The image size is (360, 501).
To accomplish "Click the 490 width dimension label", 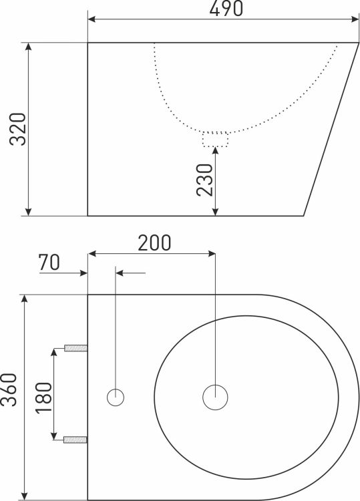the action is pyautogui.click(x=226, y=8).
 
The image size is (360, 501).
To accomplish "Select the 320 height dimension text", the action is pyautogui.click(x=17, y=129).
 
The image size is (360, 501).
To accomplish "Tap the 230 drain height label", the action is pyautogui.click(x=204, y=180).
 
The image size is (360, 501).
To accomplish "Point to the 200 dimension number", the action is pyautogui.click(x=154, y=243).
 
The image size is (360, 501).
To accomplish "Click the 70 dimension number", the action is pyautogui.click(x=49, y=263).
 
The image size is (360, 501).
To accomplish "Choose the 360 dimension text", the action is pyautogui.click(x=9, y=389).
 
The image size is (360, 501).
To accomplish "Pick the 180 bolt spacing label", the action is pyautogui.click(x=44, y=397).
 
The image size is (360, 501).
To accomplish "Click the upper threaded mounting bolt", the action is pyautogui.click(x=75, y=348).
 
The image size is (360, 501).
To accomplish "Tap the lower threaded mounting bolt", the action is pyautogui.click(x=75, y=440).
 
